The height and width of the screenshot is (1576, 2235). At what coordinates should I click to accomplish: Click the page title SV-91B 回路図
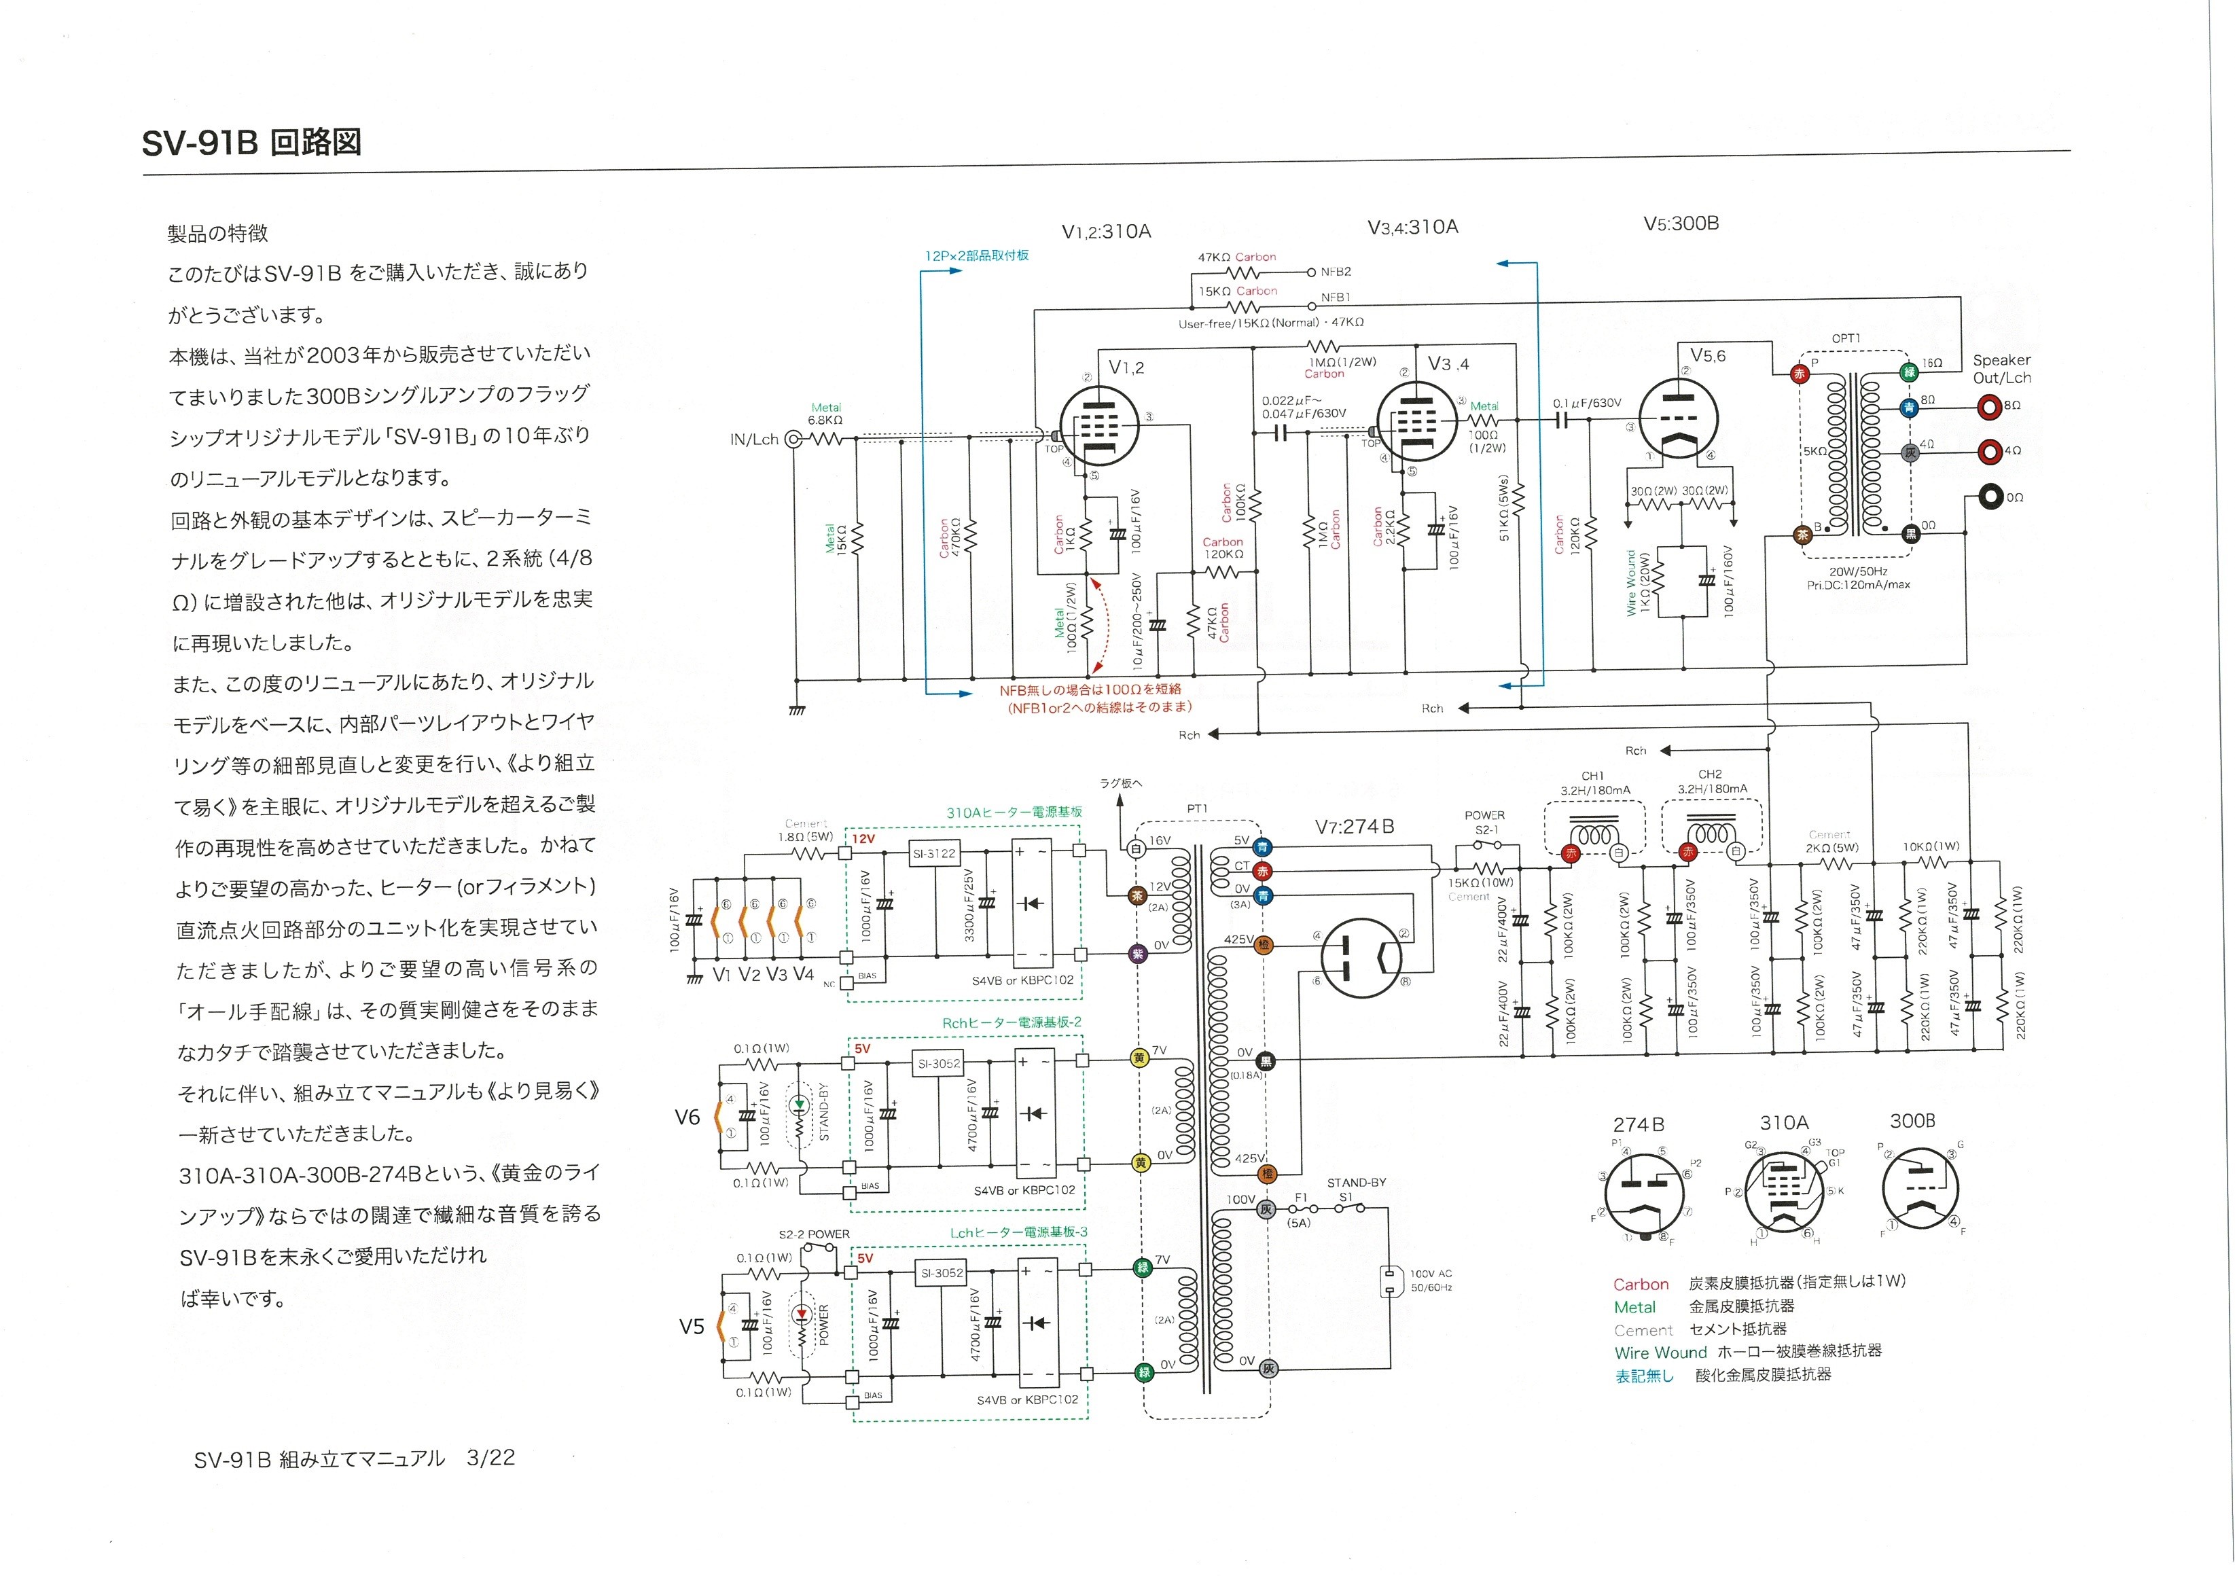251,143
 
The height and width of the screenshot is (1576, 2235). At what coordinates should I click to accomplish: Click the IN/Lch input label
755,439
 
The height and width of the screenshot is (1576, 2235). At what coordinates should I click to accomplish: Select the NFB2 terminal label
1336,272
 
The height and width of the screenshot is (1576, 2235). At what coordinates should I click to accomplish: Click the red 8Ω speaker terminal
1987,405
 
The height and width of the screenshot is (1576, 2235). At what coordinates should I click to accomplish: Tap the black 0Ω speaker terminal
1987,497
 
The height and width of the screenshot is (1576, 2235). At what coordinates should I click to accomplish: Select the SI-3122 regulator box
933,854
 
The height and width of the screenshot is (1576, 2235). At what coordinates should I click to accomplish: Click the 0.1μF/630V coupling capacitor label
1587,403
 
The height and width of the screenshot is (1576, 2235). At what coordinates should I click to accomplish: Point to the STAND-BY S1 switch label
1356,1189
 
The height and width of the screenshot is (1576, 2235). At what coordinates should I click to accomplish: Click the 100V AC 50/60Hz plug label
1431,1280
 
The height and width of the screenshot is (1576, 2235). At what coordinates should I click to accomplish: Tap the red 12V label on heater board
863,838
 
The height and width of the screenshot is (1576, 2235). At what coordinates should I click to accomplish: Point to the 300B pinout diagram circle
1920,1189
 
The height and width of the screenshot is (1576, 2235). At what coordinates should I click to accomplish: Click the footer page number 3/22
490,1457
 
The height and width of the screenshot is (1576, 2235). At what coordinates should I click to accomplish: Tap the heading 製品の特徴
217,234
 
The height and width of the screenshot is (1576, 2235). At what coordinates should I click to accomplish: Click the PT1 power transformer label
1196,809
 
